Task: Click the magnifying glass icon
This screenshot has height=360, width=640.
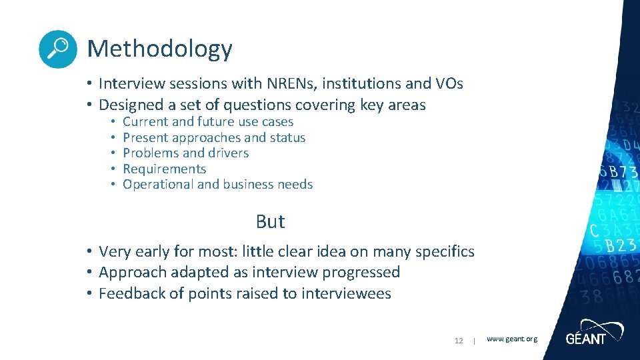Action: click(58, 49)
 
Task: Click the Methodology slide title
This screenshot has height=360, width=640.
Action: click(159, 49)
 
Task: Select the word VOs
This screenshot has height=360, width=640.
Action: click(448, 84)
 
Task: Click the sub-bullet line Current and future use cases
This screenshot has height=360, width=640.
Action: click(208, 122)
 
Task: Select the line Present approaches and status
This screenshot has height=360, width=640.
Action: click(214, 138)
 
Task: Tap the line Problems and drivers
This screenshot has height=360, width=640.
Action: click(185, 153)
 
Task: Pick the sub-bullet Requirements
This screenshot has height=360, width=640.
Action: click(165, 169)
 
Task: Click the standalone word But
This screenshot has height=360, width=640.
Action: click(270, 221)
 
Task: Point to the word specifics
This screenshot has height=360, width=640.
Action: click(445, 252)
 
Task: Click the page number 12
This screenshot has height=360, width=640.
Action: click(459, 341)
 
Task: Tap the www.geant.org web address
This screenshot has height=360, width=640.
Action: click(511, 339)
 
